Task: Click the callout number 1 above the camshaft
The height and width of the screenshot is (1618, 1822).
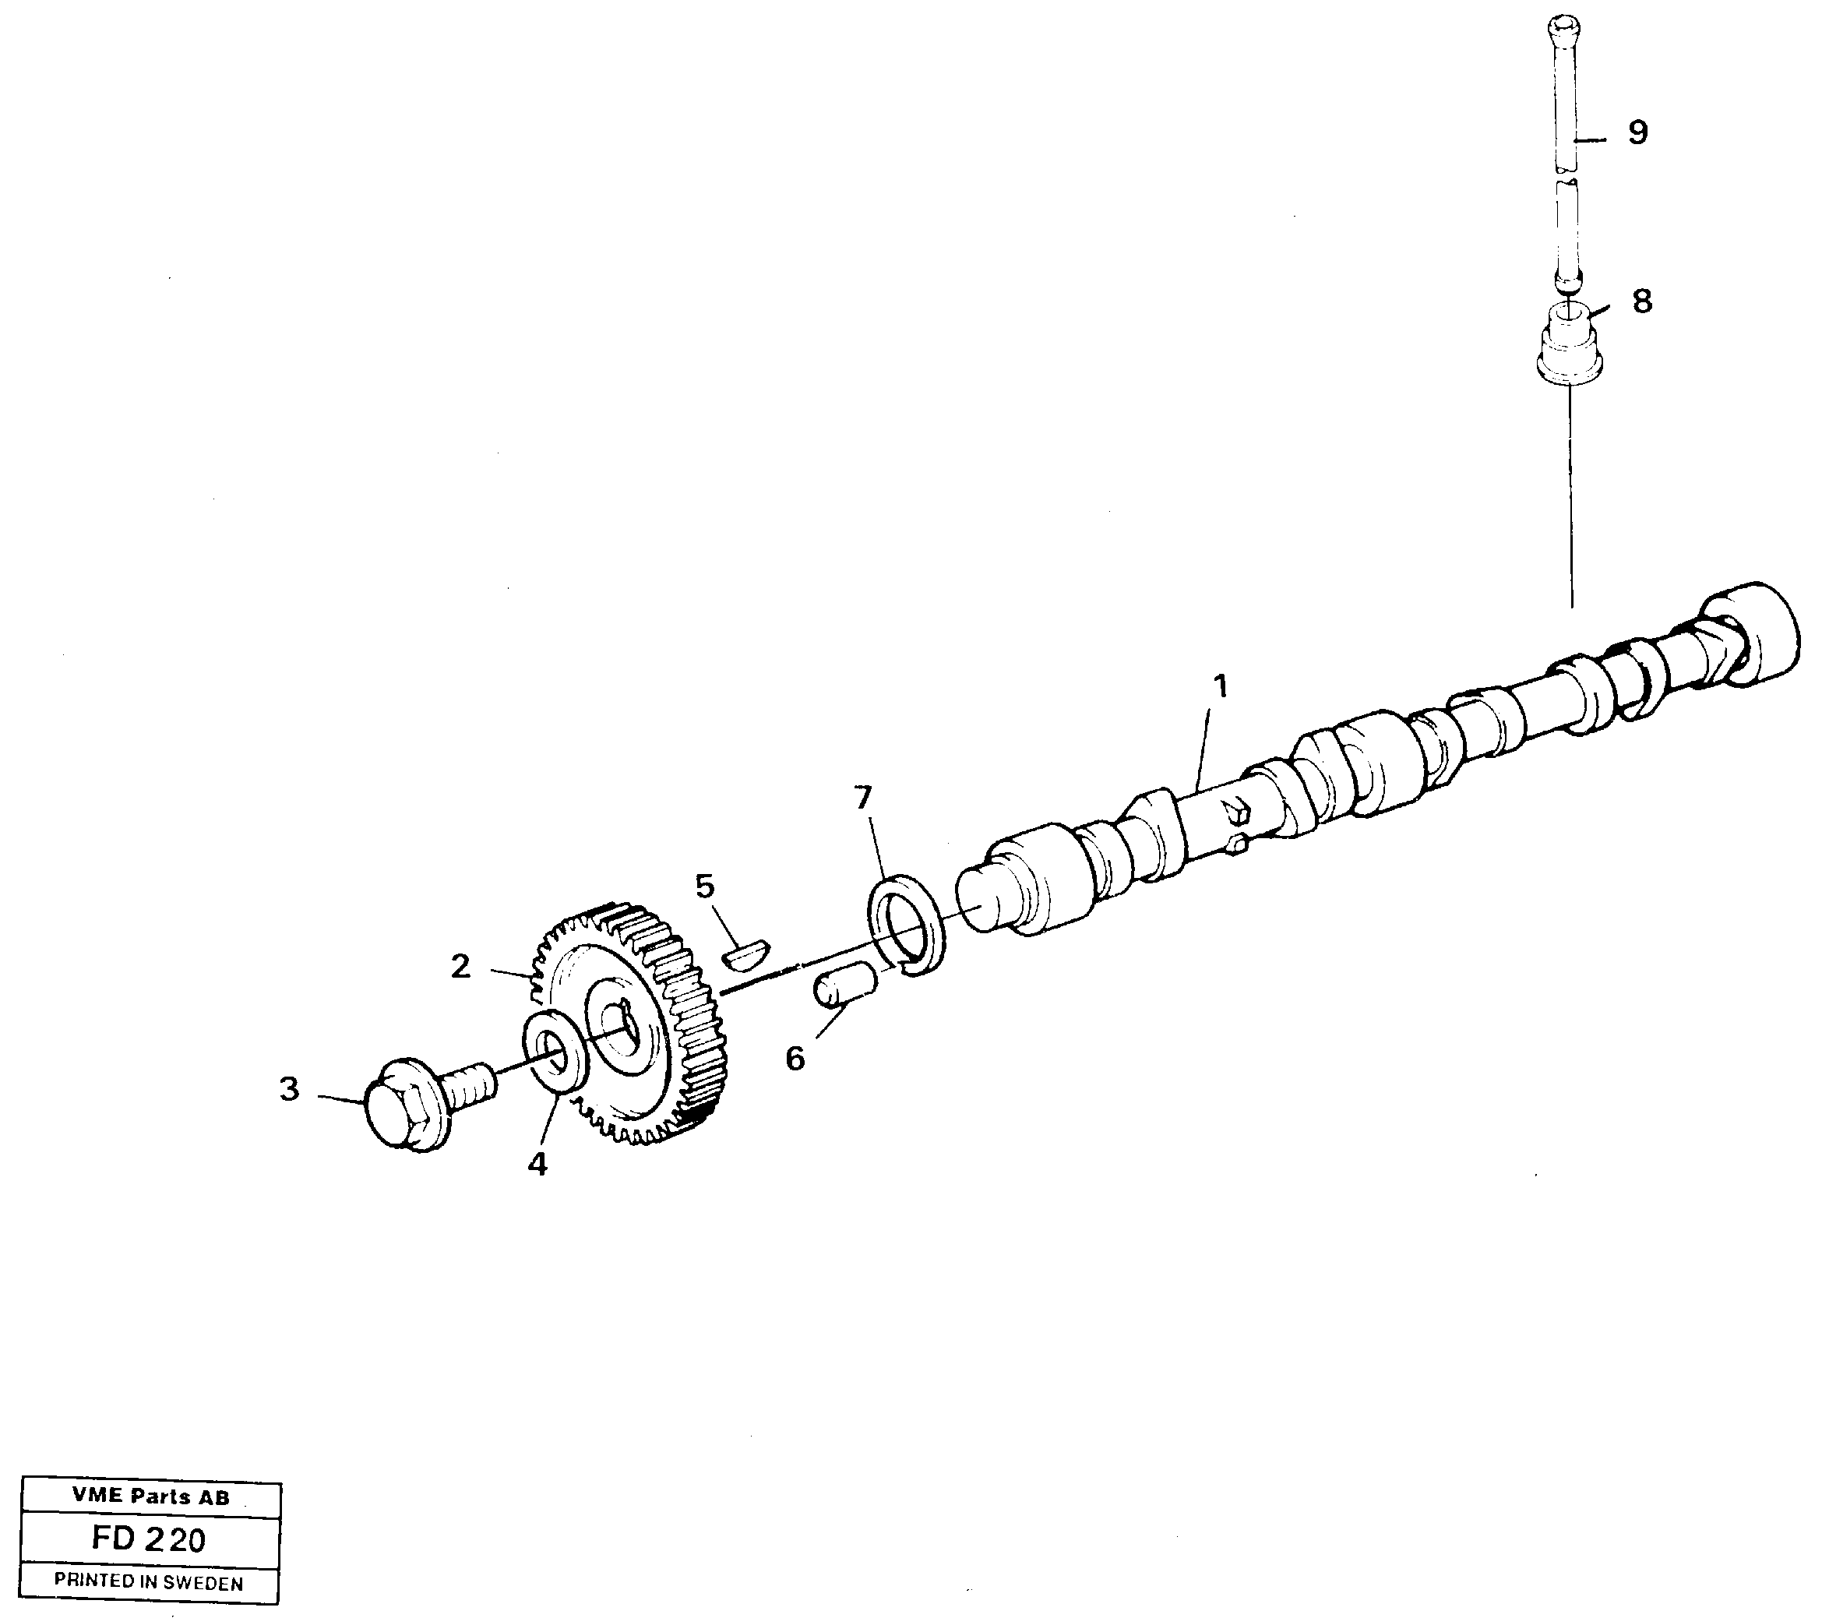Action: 1219,687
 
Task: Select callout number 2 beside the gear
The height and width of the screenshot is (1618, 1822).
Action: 460,966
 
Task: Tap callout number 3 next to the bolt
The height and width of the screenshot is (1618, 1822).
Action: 290,1089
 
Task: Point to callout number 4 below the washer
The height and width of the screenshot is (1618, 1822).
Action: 537,1163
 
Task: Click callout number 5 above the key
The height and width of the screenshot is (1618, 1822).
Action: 704,886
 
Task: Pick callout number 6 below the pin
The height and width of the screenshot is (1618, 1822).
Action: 795,1059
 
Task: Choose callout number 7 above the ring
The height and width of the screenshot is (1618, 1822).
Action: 862,797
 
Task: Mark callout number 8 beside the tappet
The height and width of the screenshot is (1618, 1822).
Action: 1642,301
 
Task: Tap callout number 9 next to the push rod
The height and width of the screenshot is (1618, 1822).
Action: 1637,133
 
